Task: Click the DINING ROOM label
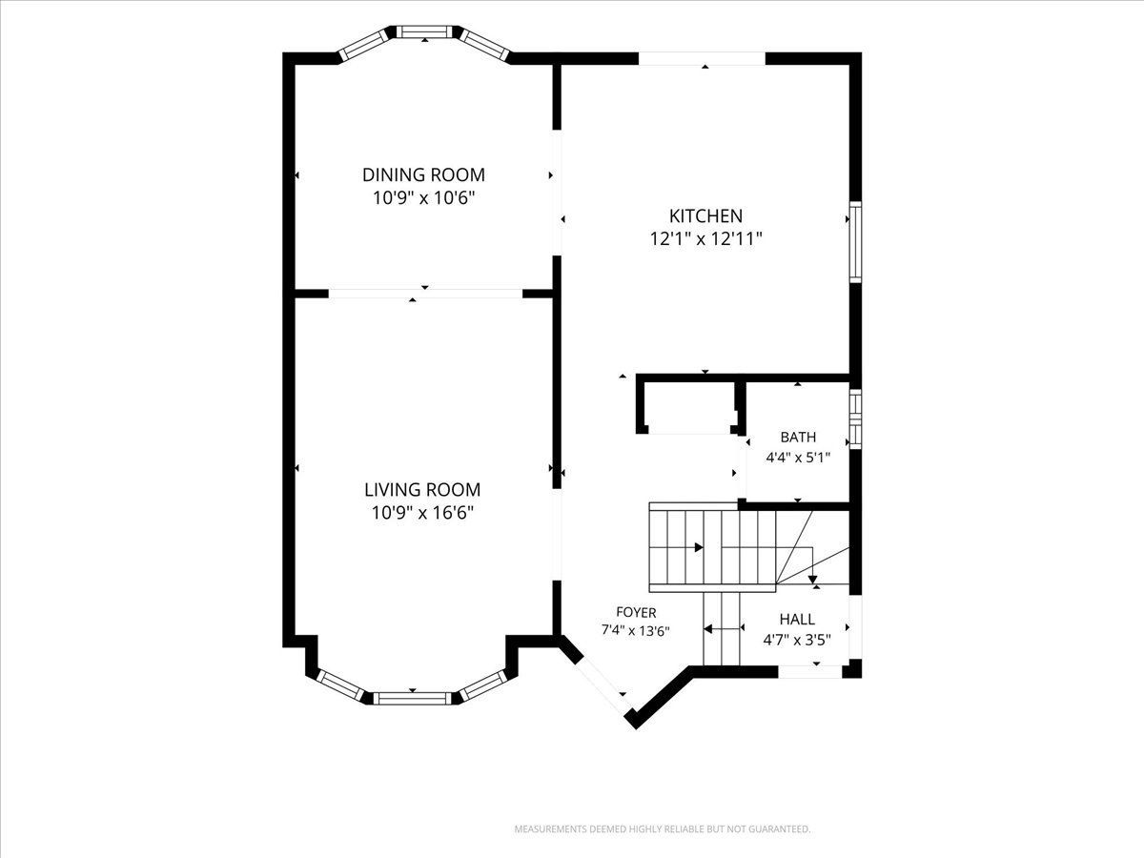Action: [x=423, y=175]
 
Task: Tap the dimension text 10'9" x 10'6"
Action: [x=423, y=198]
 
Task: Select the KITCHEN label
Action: [x=705, y=215]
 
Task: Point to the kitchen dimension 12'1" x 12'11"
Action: [x=705, y=239]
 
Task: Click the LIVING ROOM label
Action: [x=422, y=490]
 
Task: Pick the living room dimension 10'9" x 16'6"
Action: [x=422, y=513]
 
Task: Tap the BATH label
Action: [x=798, y=437]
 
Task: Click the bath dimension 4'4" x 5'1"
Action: [x=798, y=458]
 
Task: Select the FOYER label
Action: [x=636, y=612]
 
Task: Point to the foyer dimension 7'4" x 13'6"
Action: [x=636, y=631]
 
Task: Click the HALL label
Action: [x=797, y=620]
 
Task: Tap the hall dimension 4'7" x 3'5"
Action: [x=797, y=640]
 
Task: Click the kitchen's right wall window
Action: [x=855, y=242]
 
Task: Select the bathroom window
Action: [x=855, y=419]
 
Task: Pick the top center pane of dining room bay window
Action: [x=425, y=31]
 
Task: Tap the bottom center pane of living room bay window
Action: [x=412, y=698]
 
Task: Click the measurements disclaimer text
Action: [x=663, y=828]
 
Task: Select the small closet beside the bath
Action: [x=688, y=408]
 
